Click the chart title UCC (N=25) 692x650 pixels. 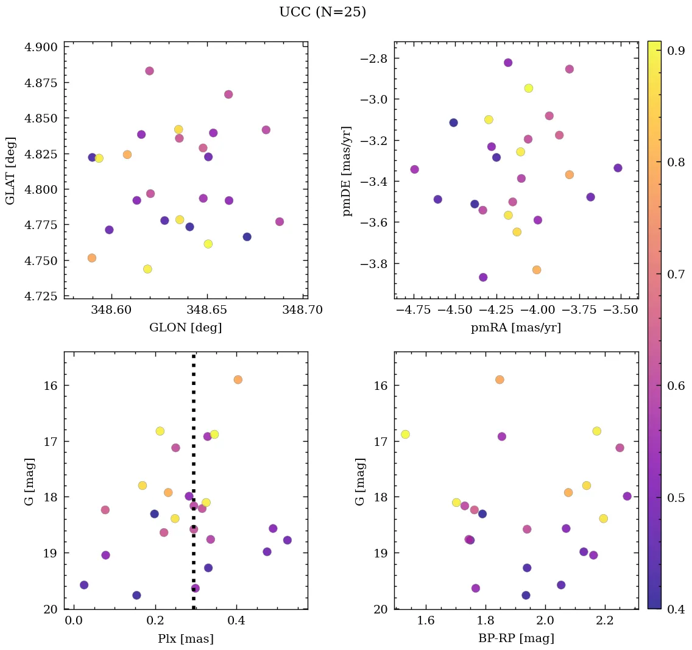(322, 12)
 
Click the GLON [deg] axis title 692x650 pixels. (185, 328)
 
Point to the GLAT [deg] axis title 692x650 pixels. (10, 170)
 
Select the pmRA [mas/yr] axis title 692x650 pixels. (516, 328)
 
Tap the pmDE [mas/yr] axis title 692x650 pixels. (347, 171)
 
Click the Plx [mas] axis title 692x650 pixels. (185, 639)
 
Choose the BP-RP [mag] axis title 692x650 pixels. (516, 639)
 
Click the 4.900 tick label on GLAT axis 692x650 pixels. (41, 48)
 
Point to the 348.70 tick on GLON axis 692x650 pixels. (302, 310)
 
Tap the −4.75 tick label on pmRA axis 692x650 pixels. (414, 310)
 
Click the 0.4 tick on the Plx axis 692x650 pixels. (236, 621)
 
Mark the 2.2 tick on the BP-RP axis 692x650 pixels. (605, 621)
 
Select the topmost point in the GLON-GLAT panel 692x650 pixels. (149, 71)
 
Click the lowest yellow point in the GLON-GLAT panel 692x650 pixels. (147, 269)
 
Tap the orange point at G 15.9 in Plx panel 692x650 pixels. (238, 380)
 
